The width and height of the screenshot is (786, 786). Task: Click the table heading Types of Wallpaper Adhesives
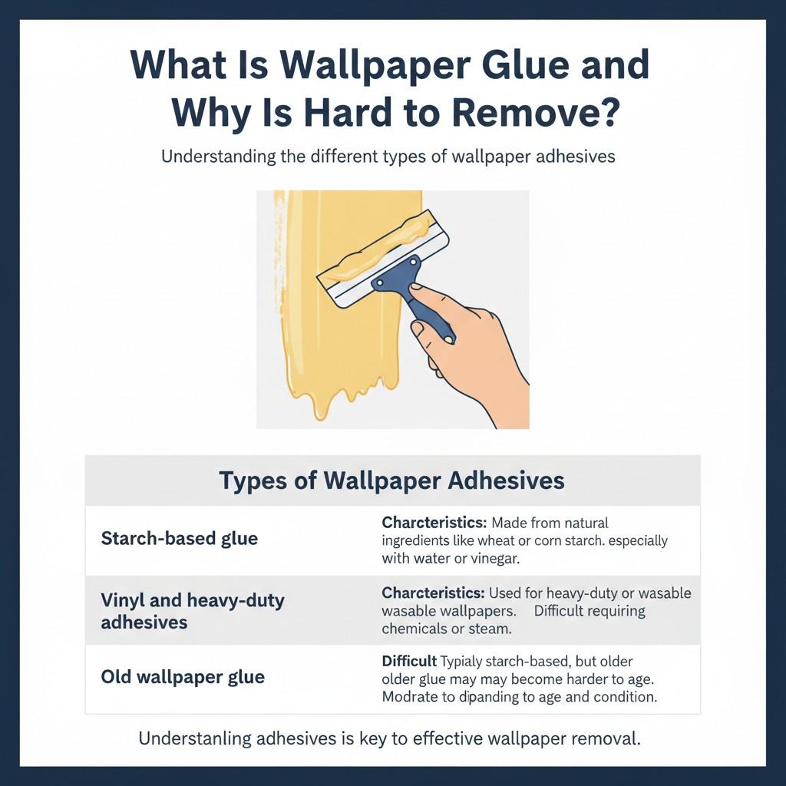tap(391, 481)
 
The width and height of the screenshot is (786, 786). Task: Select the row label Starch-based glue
tap(179, 538)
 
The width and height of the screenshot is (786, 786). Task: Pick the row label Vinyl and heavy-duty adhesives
tap(192, 611)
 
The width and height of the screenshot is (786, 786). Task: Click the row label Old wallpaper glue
tap(183, 677)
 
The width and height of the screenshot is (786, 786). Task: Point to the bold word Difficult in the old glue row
tap(409, 661)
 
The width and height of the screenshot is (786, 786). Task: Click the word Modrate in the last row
tap(408, 698)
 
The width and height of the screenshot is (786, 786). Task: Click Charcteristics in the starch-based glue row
tap(434, 523)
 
